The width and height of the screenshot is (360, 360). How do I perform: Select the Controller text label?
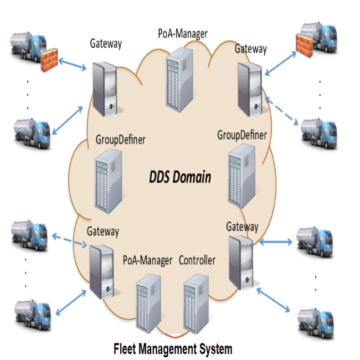pos(197,260)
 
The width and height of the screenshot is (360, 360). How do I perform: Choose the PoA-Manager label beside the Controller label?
pos(147,260)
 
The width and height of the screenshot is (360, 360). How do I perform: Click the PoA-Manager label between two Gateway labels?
pos(182,34)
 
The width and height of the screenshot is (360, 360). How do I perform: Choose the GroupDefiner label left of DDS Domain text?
pos(120,138)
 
